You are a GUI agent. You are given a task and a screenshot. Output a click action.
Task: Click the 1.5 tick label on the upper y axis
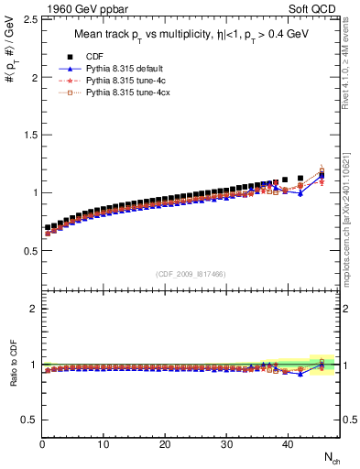point(27,136)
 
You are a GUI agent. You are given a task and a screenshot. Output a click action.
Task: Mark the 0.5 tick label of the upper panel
point(27,250)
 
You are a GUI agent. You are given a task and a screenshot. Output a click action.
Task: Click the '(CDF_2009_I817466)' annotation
point(191,274)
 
